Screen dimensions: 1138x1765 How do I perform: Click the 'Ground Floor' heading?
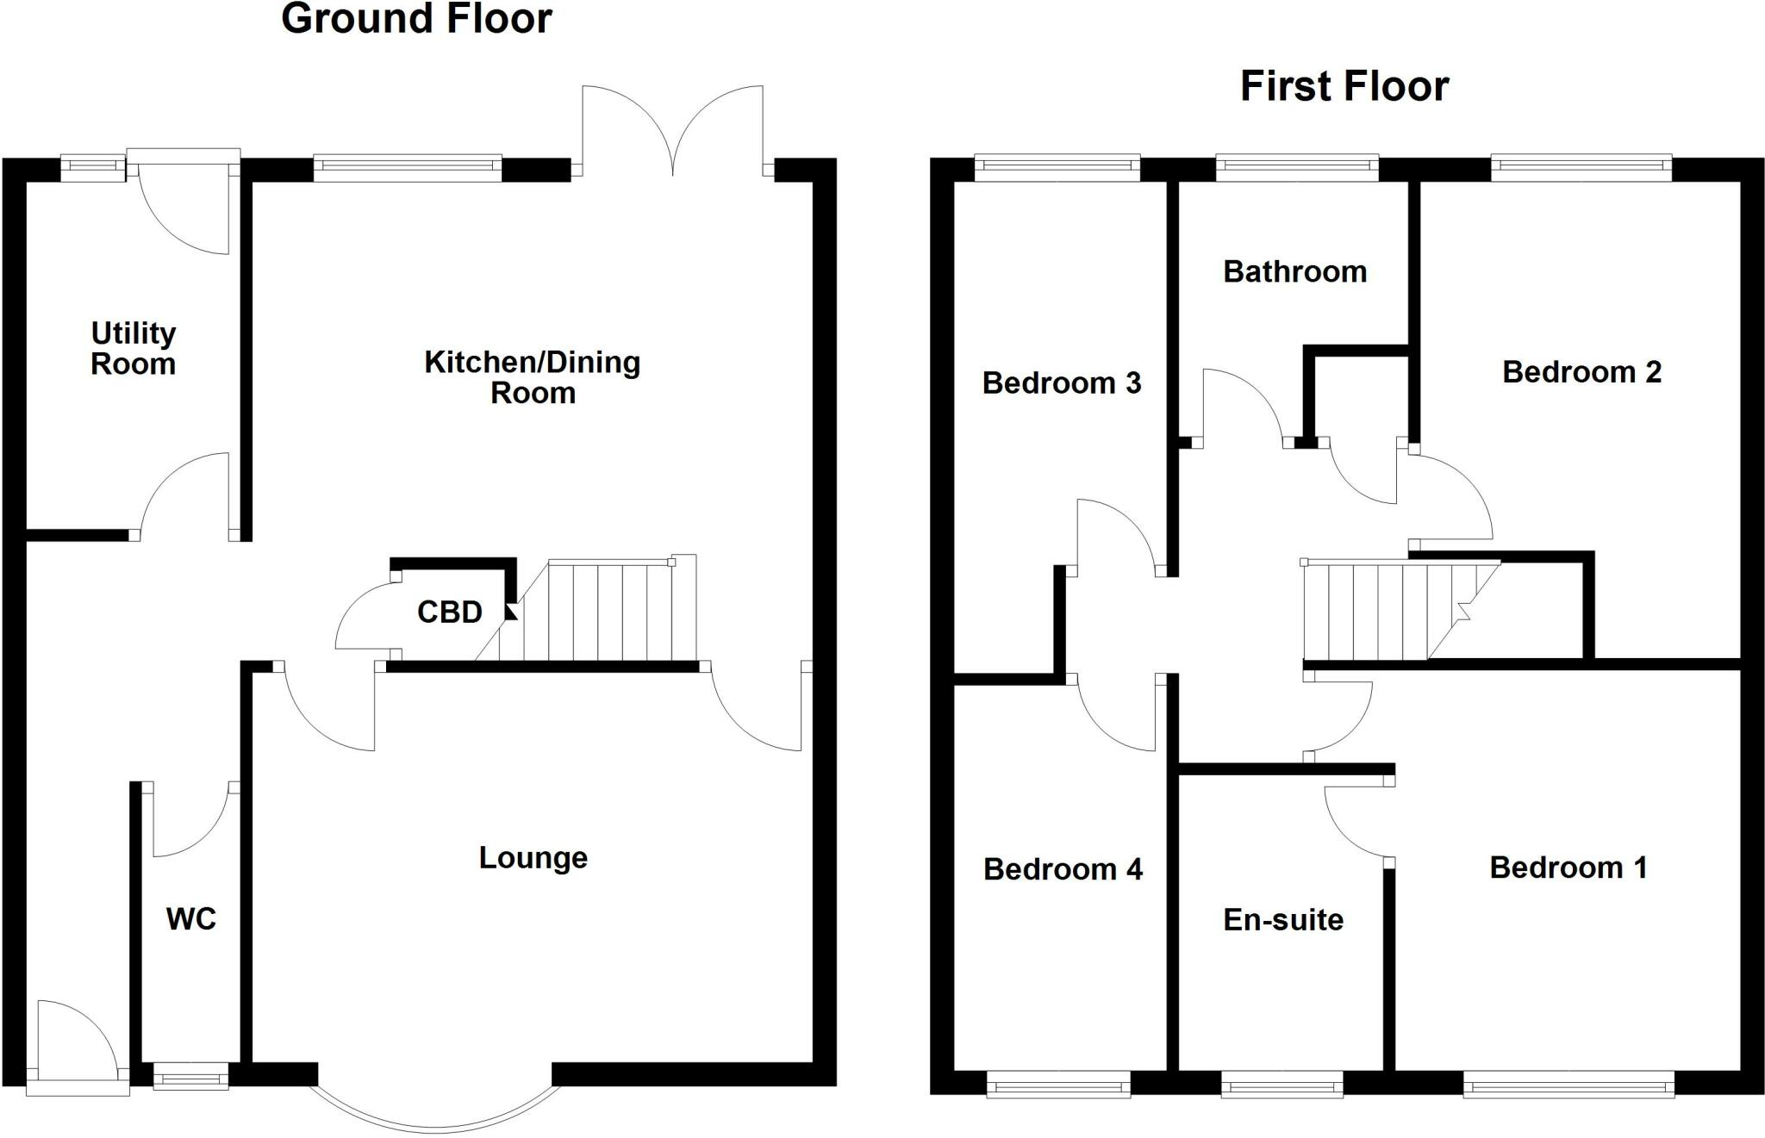tap(416, 19)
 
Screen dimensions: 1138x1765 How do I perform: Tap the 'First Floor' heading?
tap(1344, 87)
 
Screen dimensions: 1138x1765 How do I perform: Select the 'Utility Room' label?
tap(134, 348)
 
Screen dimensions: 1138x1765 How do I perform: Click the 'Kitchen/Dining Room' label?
tap(533, 377)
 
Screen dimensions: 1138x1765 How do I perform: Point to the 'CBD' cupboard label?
tap(449, 613)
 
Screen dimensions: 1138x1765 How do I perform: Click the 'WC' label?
tap(190, 919)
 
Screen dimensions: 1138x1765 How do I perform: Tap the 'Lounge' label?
tap(533, 858)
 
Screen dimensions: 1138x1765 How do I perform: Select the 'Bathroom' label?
tap(1294, 272)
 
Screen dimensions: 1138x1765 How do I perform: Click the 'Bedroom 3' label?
tap(1061, 382)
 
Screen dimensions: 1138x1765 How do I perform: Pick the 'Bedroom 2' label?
tap(1581, 372)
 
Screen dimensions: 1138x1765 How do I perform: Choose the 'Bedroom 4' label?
tap(1063, 869)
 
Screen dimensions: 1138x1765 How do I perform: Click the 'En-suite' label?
tap(1283, 920)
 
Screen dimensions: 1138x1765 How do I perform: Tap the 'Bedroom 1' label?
tap(1568, 867)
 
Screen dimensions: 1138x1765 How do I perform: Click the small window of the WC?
tap(190, 1077)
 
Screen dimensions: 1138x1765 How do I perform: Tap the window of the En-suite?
tap(1282, 1085)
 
